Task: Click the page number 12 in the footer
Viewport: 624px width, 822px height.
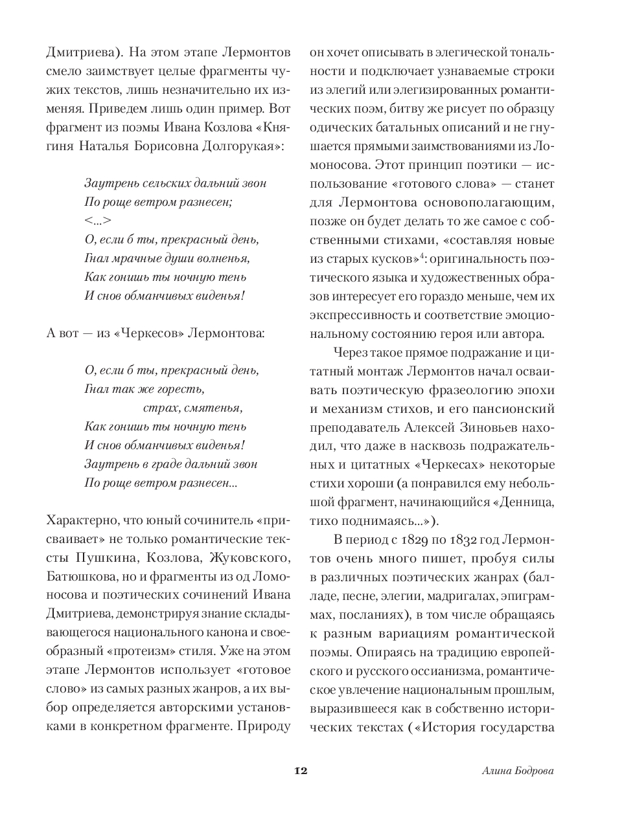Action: pos(300,771)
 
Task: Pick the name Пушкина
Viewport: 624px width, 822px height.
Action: pos(101,557)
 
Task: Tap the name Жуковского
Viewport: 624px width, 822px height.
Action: pos(249,557)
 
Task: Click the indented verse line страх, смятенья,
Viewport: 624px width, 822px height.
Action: pos(192,408)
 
